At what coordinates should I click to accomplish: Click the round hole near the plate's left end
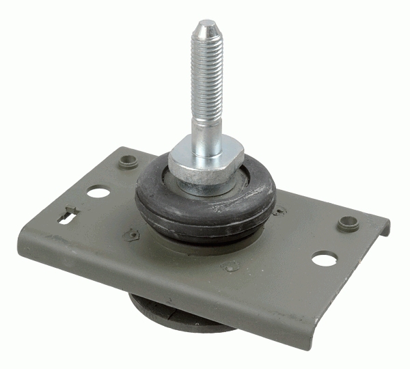(98, 193)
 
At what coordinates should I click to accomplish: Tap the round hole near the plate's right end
(325, 258)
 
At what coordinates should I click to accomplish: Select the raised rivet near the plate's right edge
(348, 223)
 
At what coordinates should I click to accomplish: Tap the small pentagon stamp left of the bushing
(131, 234)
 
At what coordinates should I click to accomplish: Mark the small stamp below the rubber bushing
(232, 266)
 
